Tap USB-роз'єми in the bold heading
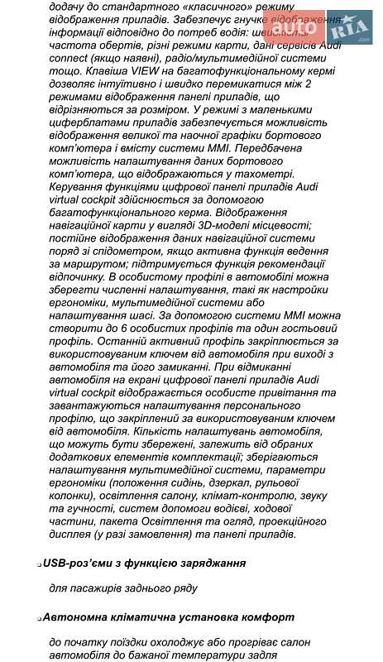tap(81, 563)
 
